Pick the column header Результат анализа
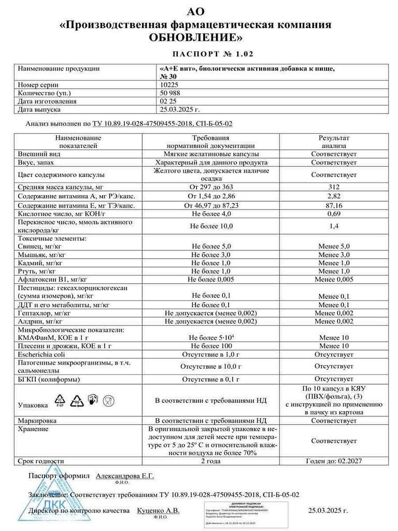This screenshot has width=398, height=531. (x=334, y=142)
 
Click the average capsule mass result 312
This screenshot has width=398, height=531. (x=334, y=187)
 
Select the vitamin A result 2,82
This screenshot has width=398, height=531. (x=334, y=196)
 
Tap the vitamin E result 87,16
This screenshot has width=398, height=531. (x=334, y=205)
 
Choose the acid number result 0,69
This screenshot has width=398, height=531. (x=334, y=214)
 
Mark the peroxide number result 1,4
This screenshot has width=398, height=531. (x=334, y=226)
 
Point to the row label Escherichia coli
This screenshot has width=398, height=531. (x=45, y=354)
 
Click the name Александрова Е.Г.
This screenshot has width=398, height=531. (x=124, y=476)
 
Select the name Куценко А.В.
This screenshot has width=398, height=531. (x=158, y=511)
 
